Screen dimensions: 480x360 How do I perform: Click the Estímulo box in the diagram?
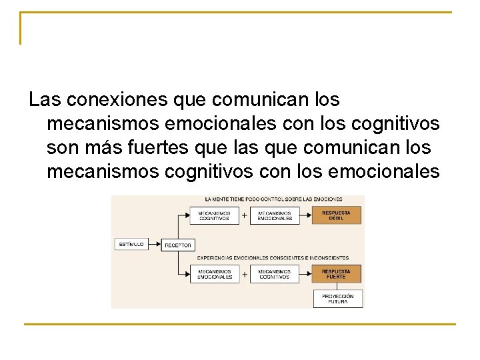[131, 244]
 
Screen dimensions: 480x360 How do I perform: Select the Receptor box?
[178, 245]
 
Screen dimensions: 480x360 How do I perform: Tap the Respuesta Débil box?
[337, 216]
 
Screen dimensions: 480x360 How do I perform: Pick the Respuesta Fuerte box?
[337, 274]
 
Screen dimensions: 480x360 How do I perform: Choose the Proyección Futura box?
[338, 299]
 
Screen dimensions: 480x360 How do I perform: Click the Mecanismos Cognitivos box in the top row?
[214, 216]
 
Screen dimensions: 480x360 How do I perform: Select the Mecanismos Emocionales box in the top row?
[275, 216]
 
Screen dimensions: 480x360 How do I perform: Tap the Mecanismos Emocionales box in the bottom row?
[214, 274]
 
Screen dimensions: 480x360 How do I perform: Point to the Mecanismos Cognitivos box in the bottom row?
[275, 274]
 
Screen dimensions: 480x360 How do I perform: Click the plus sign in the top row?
[244, 216]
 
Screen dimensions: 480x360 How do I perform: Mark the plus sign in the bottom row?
[244, 274]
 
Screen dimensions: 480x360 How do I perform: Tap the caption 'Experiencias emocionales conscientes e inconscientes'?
[273, 257]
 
